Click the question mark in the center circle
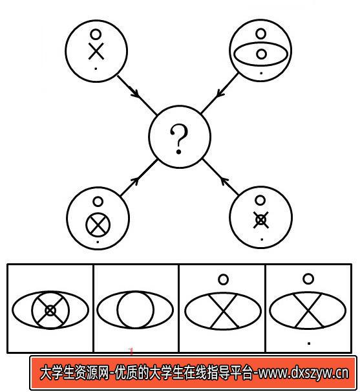(179, 139)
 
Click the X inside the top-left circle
(96, 51)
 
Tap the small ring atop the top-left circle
(96, 34)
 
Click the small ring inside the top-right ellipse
(261, 54)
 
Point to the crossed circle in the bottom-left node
(98, 224)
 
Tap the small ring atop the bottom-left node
(98, 202)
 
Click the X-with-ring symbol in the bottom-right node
(261, 220)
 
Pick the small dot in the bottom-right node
(262, 239)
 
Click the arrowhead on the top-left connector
(135, 93)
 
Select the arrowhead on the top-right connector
(220, 93)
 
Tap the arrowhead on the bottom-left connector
(135, 181)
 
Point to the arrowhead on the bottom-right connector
(224, 181)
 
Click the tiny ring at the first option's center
(50, 310)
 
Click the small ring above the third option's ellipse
(223, 279)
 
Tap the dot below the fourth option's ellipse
(309, 343)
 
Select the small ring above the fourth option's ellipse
(308, 279)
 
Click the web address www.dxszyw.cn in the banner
(303, 373)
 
